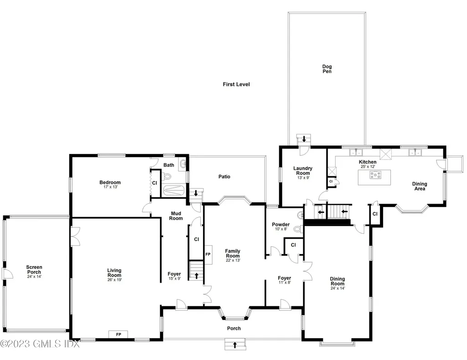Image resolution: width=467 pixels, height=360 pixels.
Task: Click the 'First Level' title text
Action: (x=236, y=84)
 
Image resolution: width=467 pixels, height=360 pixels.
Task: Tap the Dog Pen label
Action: (x=327, y=69)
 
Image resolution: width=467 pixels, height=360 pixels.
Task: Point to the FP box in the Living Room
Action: (x=119, y=334)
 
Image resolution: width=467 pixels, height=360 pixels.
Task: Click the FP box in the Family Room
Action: (x=208, y=254)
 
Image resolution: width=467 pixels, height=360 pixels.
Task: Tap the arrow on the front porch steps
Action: (x=235, y=345)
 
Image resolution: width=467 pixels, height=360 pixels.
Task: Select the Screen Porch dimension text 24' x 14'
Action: (x=34, y=276)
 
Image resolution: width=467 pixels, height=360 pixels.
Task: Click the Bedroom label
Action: (x=110, y=182)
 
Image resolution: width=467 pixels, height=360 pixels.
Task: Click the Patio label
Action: (x=224, y=176)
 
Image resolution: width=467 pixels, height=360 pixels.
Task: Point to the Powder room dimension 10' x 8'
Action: (x=280, y=229)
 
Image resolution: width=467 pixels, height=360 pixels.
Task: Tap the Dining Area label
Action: (x=419, y=186)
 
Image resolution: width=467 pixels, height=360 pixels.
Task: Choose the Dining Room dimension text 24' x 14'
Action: (x=337, y=288)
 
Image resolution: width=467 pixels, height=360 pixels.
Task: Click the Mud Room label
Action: (x=176, y=216)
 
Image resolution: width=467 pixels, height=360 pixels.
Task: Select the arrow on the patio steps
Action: (x=196, y=193)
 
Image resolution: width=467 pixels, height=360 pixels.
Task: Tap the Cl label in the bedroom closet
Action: (x=155, y=183)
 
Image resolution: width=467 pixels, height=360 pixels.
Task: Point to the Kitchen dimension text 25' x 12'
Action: (x=368, y=167)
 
